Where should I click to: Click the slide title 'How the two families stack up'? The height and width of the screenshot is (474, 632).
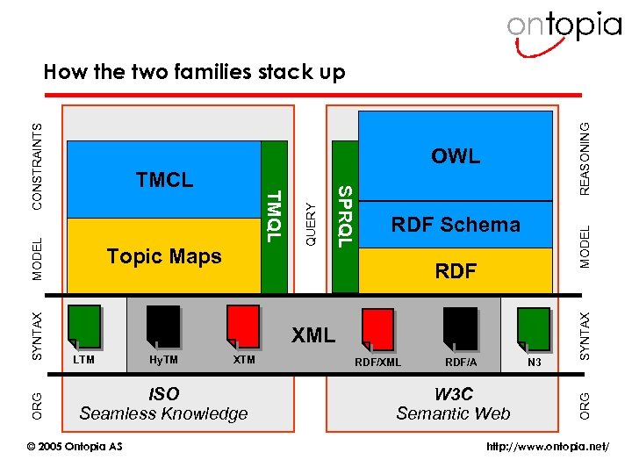point(194,71)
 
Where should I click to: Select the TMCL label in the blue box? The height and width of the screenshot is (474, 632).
point(164,180)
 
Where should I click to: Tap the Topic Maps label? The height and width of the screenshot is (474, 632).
point(164,255)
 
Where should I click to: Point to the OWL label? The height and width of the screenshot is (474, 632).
point(456,156)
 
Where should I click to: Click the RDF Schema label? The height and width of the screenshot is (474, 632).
point(456,225)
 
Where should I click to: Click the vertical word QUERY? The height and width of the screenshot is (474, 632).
point(310,224)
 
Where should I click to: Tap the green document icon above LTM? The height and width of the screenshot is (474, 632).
point(84,327)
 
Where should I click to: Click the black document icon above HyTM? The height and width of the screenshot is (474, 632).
point(163,327)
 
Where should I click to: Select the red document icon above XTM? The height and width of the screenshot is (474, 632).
point(243,327)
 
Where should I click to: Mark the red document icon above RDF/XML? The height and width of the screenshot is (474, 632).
point(377,329)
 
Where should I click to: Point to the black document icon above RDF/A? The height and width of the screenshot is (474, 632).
point(460,329)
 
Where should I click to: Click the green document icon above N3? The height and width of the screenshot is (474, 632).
point(534,329)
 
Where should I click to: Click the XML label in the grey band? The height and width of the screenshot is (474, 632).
point(313,334)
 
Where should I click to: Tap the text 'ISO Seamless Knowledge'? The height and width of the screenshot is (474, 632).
point(163,405)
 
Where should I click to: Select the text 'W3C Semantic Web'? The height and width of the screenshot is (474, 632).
point(453,405)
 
